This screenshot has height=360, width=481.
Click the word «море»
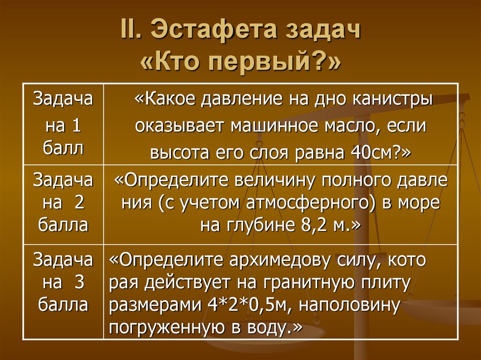[x=419, y=204]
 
